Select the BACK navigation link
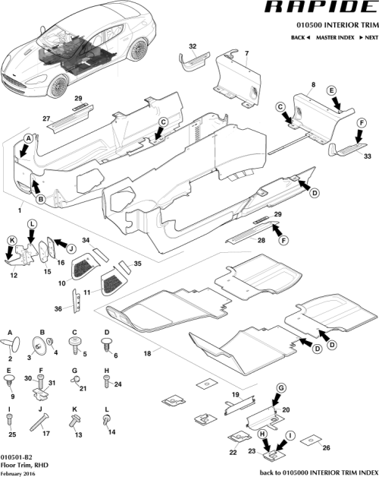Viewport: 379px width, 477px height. point(299,37)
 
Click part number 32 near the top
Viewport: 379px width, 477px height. point(192,47)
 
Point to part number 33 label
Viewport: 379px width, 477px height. point(367,156)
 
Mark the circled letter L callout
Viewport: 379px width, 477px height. point(32,223)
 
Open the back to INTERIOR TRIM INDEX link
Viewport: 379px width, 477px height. point(318,471)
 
